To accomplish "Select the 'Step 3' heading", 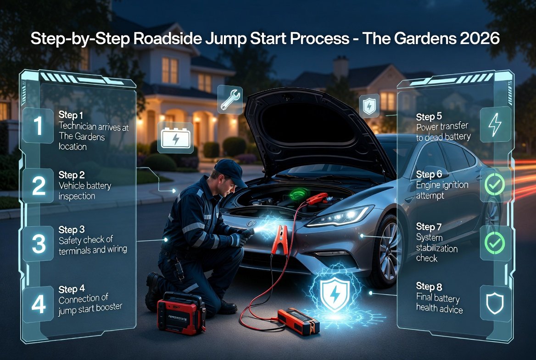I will pos(72,229).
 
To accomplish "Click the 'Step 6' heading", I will pos(429,174).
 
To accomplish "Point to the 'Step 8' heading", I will pos(429,287).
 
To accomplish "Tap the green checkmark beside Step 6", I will pos(495,185).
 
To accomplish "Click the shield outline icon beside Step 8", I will pos(495,304).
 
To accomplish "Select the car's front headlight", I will pos(340,216).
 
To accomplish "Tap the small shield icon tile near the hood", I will pos(369,106).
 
